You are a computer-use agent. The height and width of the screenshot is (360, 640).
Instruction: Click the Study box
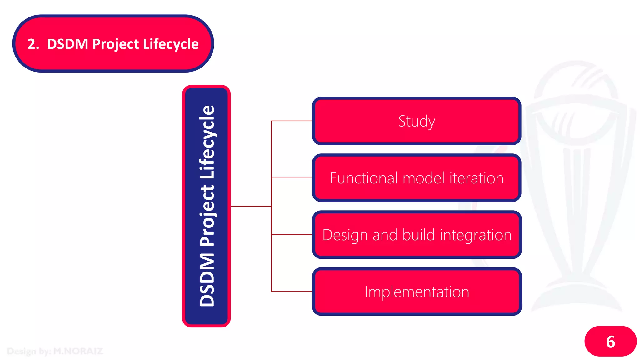[x=417, y=121]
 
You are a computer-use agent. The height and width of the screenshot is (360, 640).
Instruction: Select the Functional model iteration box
[x=417, y=178]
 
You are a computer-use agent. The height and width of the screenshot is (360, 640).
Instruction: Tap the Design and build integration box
[x=417, y=235]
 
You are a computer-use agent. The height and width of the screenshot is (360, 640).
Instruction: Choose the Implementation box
[x=417, y=292]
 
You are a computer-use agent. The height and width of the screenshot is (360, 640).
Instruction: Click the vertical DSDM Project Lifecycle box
[x=207, y=206]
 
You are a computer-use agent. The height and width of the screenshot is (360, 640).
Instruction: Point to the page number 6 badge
[x=610, y=341]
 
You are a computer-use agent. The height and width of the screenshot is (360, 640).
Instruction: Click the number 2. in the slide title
[x=33, y=44]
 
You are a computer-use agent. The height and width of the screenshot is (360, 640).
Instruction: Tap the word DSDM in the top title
[x=67, y=44]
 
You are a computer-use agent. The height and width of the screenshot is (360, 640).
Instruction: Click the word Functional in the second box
[x=364, y=178]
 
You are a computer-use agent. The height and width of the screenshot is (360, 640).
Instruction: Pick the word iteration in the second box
[x=476, y=178]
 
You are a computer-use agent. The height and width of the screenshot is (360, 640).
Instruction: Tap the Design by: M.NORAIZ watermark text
[x=55, y=351]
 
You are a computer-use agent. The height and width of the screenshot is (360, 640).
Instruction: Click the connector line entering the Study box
[x=292, y=121]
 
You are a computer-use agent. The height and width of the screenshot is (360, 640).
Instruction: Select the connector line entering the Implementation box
[x=292, y=292]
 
